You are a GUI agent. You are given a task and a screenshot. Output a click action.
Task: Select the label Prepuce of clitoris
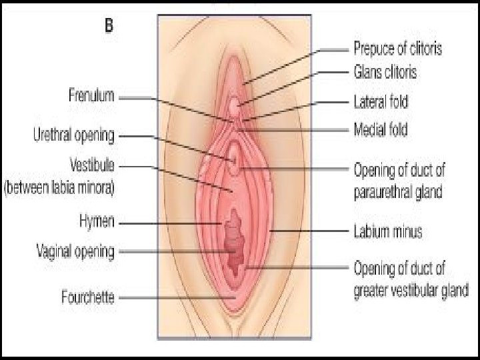pos(397,49)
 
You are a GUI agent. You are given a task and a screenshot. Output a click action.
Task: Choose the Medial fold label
pos(379,129)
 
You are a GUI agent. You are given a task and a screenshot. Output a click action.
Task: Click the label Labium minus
pos(387,232)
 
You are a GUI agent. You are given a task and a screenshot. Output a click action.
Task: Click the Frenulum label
pos(92,96)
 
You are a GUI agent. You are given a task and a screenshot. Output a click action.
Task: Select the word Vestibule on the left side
pos(93,163)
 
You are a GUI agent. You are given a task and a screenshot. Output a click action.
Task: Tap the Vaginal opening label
pos(75,251)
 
